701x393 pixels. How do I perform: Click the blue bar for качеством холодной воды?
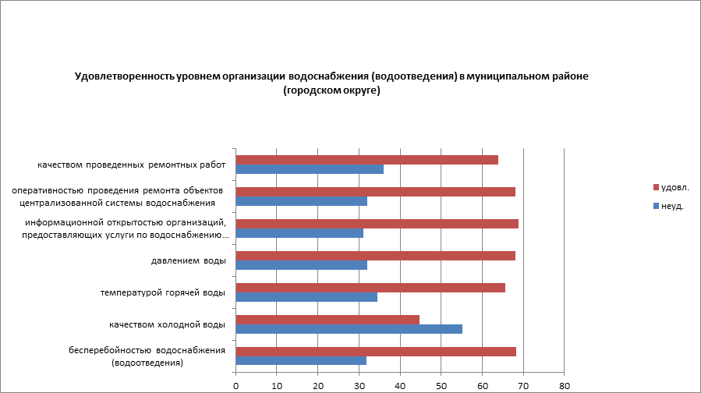(349, 328)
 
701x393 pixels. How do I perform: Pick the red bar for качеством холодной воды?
(327, 319)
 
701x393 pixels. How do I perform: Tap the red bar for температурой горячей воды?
(370, 287)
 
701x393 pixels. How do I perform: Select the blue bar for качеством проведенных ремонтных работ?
(310, 169)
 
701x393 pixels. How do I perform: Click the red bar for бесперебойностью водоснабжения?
(376, 351)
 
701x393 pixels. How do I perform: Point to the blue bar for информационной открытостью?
(299, 233)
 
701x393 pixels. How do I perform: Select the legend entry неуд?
(672, 206)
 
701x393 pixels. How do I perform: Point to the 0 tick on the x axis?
(235, 384)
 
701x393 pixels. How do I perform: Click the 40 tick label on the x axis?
(400, 384)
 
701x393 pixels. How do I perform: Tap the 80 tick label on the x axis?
(565, 384)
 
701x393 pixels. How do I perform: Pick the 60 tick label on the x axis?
(483, 384)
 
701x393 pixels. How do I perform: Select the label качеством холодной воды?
(168, 324)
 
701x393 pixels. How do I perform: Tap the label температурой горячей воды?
(163, 292)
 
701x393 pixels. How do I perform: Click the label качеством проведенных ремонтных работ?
(131, 165)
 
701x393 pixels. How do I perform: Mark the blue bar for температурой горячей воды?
(306, 296)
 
